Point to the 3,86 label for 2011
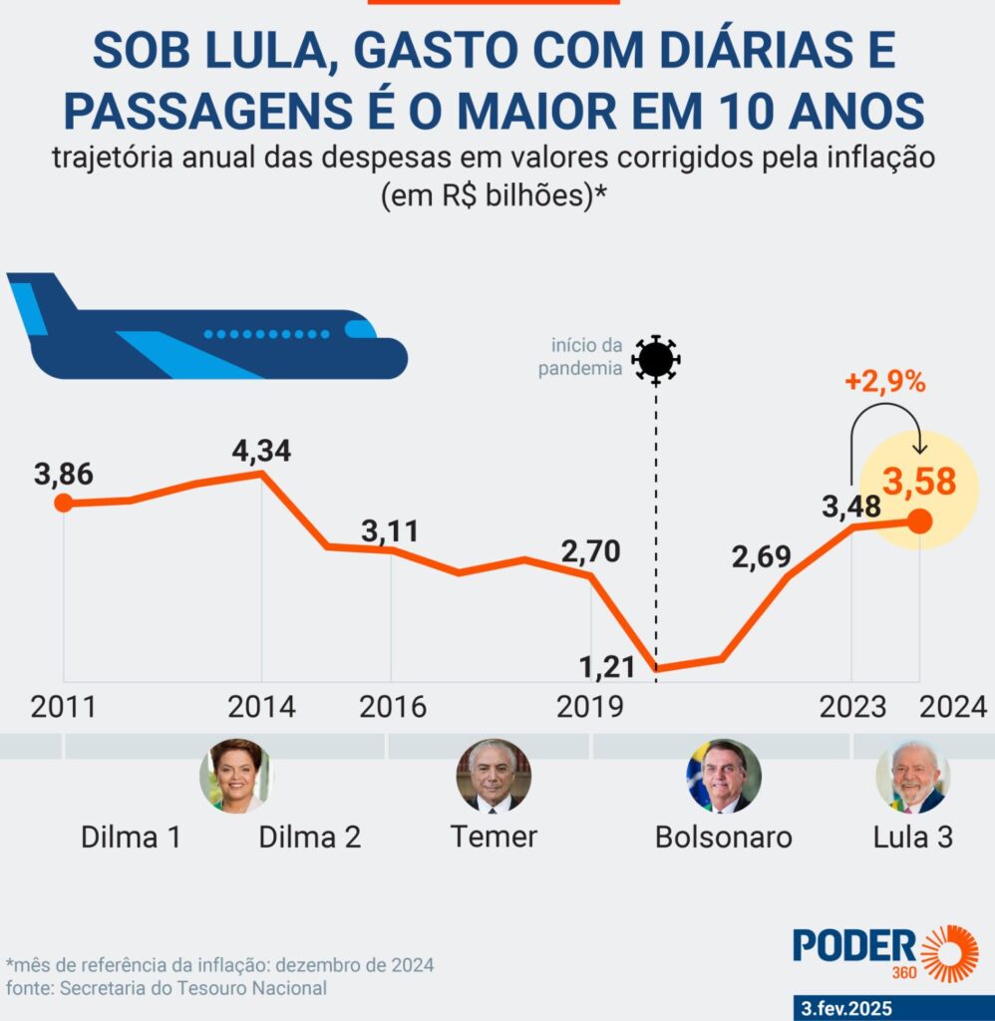(x=63, y=474)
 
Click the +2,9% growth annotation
(x=885, y=381)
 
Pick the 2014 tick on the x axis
(x=261, y=707)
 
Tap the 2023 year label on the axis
(x=852, y=707)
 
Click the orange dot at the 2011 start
(x=63, y=503)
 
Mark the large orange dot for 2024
(x=919, y=520)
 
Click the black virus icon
(x=656, y=358)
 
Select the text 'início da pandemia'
(x=587, y=358)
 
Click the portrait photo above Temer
(x=493, y=775)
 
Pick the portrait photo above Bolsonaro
(x=723, y=776)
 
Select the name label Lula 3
(x=912, y=837)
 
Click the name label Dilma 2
(x=309, y=837)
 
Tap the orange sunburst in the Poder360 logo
(x=948, y=953)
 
